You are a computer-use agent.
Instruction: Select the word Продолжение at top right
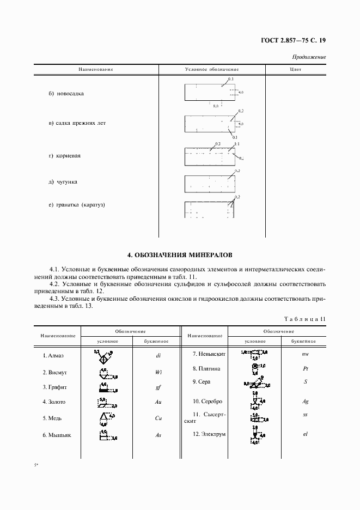click(309, 57)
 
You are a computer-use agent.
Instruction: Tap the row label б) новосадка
click(66, 94)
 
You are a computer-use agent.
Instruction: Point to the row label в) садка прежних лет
click(77, 123)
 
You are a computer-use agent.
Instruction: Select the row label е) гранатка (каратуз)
click(76, 205)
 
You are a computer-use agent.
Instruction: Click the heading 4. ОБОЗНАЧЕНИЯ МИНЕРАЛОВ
click(180, 254)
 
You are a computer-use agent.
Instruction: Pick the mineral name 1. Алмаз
click(53, 356)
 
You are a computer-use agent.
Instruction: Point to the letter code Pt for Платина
click(306, 368)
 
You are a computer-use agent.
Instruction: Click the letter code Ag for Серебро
click(306, 402)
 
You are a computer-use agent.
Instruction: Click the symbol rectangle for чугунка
click(209, 184)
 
